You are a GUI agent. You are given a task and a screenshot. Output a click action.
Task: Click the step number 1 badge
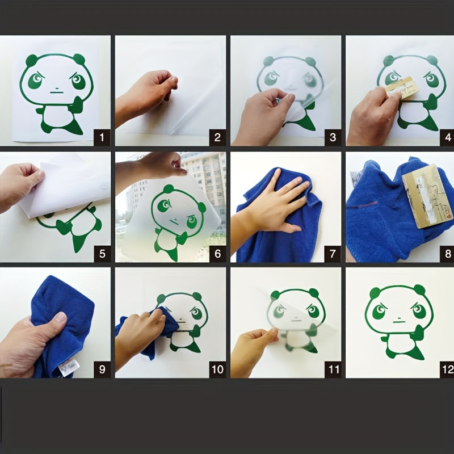click(x=102, y=137)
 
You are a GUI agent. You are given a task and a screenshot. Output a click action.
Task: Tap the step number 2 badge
click(x=218, y=137)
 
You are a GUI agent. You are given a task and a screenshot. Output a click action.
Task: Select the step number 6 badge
click(x=218, y=253)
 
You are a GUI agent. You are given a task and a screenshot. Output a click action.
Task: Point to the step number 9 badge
click(x=102, y=369)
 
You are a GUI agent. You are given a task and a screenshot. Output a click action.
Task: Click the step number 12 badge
click(x=447, y=369)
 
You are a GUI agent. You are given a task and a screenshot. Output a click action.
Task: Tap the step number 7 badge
click(x=333, y=253)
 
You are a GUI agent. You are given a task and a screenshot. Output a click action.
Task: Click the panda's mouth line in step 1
click(x=55, y=91)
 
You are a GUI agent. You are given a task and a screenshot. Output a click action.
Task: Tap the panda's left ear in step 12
click(x=375, y=293)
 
